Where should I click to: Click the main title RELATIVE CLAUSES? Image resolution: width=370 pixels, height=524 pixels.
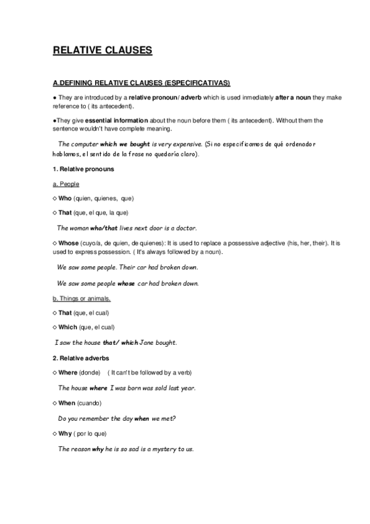tap(102, 51)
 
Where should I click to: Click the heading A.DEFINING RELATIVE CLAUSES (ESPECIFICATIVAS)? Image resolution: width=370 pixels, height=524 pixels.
tap(142, 83)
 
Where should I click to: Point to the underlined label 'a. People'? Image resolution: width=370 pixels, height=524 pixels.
tap(66, 184)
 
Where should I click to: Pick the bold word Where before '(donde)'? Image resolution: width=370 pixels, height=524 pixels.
tap(67, 373)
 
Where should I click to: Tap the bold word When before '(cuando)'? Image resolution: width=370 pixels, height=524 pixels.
tap(66, 403)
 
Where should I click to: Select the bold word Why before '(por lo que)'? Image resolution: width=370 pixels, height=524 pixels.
tap(64, 433)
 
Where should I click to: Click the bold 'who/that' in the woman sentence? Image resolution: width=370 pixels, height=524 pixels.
tap(104, 228)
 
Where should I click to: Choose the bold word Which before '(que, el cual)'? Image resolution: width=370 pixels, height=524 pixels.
tap(67, 327)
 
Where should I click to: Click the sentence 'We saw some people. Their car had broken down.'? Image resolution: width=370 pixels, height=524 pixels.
tap(127, 269)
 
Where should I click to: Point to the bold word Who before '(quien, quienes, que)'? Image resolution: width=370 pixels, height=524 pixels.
tap(65, 198)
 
